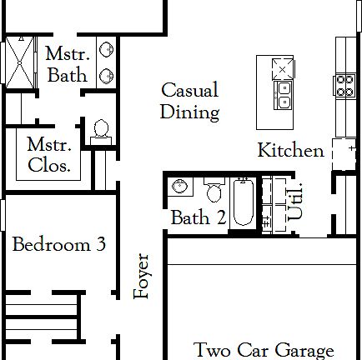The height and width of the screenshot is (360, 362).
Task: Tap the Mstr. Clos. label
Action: point(48,154)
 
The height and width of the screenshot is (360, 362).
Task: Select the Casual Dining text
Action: point(189,101)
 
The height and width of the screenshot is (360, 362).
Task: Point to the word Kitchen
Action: point(290,151)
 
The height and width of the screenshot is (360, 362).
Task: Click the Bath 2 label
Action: point(199,218)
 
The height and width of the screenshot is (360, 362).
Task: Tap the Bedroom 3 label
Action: point(58,245)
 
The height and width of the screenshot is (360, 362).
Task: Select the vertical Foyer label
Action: point(142,276)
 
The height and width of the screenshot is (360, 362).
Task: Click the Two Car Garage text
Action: point(264,350)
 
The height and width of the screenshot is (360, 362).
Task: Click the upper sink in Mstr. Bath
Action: point(107,50)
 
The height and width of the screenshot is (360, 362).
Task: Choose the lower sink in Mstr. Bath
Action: point(107,76)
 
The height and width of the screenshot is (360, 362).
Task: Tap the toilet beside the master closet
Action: point(102,130)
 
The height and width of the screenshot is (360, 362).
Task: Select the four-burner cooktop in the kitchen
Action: point(344,82)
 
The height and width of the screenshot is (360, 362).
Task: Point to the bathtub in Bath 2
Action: point(242,203)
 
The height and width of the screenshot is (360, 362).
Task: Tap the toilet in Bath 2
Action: point(214,192)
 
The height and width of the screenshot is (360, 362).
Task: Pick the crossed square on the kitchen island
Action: point(284,67)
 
